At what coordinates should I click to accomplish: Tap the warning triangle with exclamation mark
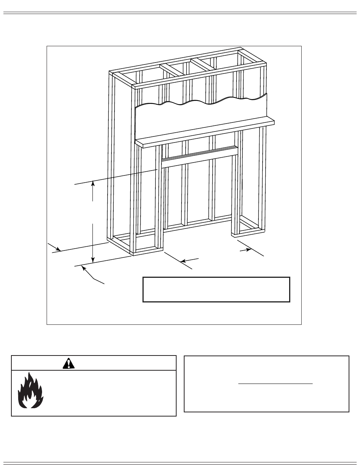click(69, 363)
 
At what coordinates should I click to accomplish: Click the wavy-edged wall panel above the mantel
click(201, 116)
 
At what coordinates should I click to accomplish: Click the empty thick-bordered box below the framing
click(216, 289)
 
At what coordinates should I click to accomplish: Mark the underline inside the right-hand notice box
click(275, 384)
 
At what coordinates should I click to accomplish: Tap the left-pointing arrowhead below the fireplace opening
click(183, 261)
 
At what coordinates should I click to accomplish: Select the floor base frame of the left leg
click(136, 245)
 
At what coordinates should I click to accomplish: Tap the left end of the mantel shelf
click(139, 143)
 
